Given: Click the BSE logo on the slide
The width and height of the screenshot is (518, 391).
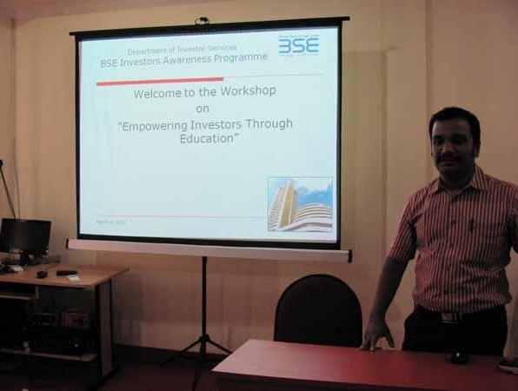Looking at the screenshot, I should click(x=298, y=45).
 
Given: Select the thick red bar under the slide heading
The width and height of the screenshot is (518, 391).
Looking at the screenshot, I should click(x=147, y=82).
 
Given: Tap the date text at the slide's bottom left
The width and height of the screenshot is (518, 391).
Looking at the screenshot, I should click(x=110, y=222).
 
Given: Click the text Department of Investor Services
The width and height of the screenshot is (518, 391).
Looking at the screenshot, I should click(x=182, y=50).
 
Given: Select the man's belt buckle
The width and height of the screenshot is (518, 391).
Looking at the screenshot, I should click(x=448, y=317).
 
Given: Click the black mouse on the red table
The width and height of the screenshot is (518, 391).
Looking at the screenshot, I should click(x=457, y=357).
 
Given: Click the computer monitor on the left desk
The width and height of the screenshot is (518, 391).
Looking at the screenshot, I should click(x=25, y=236).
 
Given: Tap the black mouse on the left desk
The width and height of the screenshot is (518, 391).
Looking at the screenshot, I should click(x=42, y=274).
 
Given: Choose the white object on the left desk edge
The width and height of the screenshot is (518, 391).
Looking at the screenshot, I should click(x=75, y=278).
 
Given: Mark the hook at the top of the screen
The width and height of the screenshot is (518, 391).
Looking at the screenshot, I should click(x=203, y=20).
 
